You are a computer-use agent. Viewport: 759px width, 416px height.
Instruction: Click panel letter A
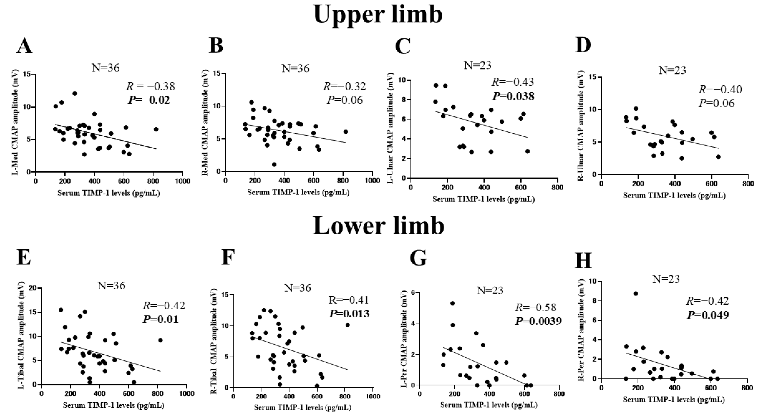point(24,46)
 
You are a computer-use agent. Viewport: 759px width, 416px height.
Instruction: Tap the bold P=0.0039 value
point(538,321)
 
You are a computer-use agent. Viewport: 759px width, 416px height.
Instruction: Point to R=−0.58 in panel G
point(535,307)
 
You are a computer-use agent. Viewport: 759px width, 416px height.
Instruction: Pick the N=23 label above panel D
point(672,70)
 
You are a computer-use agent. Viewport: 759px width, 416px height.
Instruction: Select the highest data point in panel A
point(74,93)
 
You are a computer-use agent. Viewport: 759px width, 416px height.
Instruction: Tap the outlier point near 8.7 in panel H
point(636,293)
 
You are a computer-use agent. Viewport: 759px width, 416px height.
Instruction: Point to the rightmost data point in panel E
point(160,340)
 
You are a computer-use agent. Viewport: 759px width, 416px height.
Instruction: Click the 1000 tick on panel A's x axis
point(182,181)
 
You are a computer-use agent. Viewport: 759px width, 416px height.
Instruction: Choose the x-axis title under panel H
point(674,400)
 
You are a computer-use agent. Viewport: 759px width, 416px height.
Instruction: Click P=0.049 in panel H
point(708,315)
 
